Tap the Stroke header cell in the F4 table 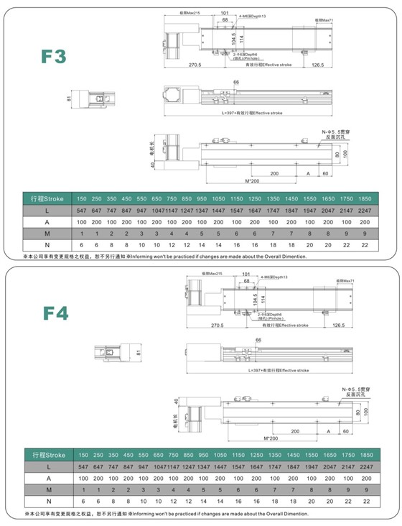pyautogui.click(x=48, y=456)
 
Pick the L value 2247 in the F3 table pyautogui.click(x=364, y=210)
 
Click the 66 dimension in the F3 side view pyautogui.click(x=235, y=83)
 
